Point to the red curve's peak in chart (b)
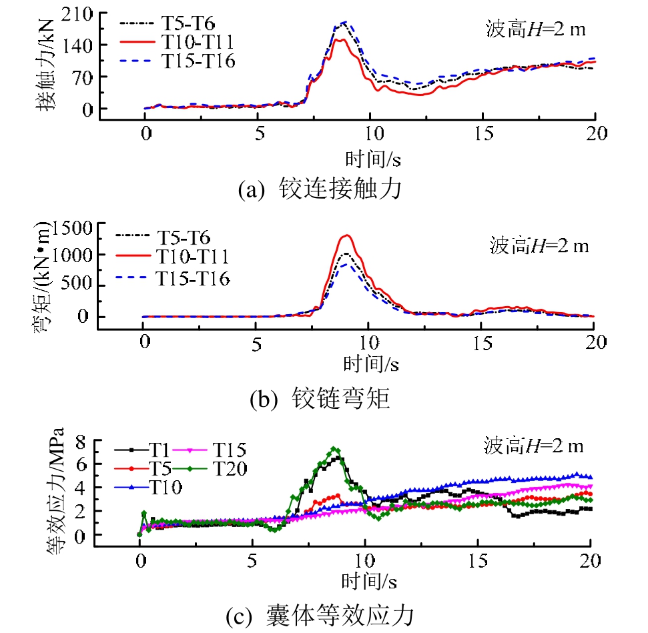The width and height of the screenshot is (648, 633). (346, 235)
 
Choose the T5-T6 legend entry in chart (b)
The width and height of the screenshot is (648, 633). (183, 237)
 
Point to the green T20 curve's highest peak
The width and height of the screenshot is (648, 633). (335, 450)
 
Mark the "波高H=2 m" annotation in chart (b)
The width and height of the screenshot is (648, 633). (537, 245)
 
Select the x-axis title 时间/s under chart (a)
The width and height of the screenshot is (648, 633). (369, 158)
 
